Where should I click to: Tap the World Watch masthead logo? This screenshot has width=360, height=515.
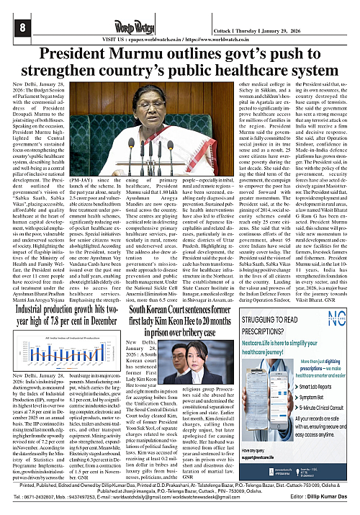tap(179, 14)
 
